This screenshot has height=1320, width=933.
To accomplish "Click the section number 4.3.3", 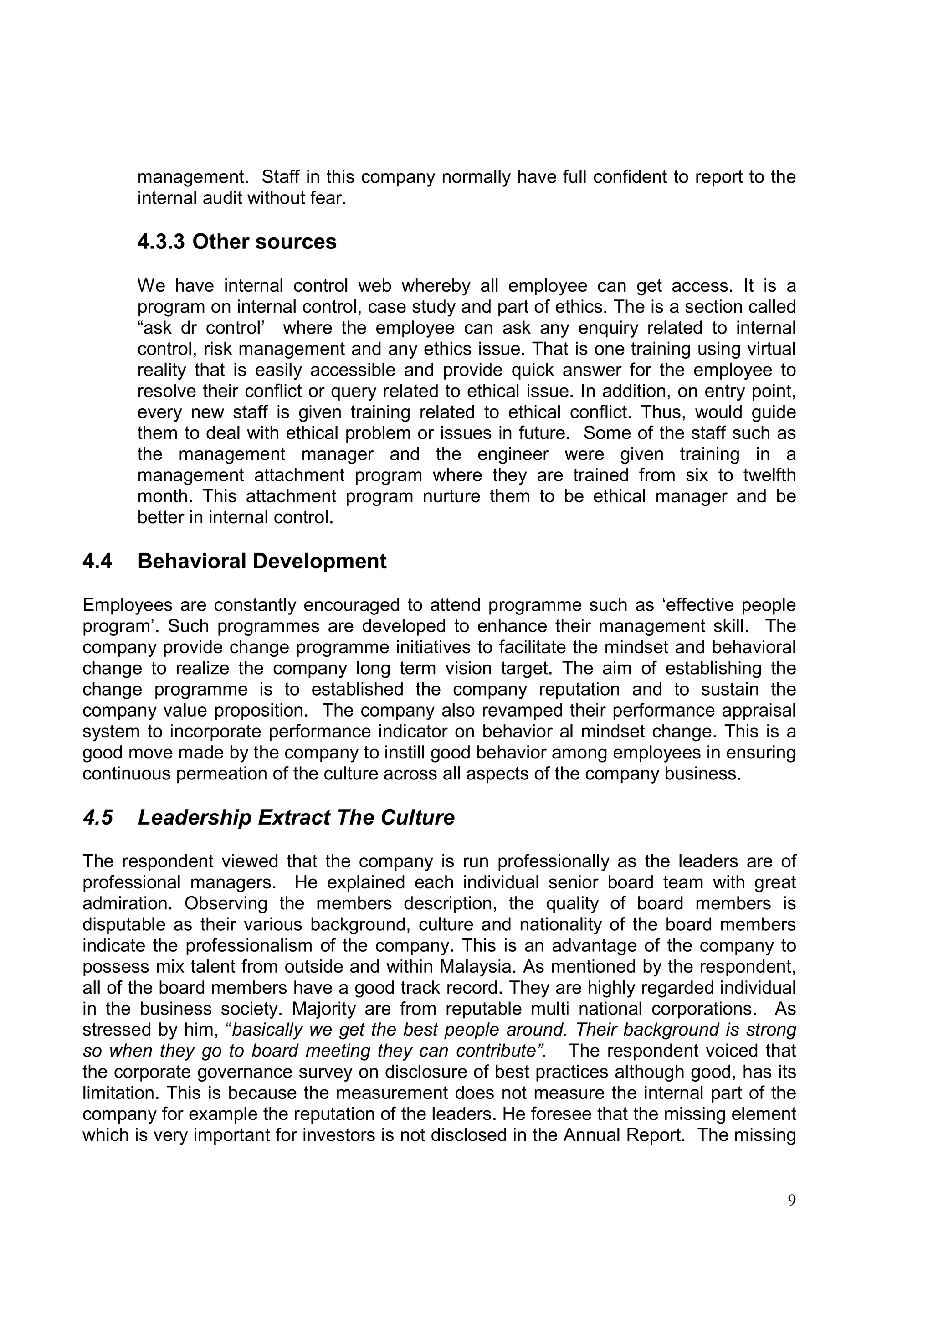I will (161, 242).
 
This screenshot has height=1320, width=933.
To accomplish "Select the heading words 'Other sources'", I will (264, 242).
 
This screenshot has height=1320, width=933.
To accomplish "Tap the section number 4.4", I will (97, 561).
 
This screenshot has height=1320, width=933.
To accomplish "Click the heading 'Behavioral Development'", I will (262, 561).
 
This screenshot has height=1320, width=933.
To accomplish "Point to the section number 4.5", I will (97, 818).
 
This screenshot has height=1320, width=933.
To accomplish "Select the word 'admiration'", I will (127, 903).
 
